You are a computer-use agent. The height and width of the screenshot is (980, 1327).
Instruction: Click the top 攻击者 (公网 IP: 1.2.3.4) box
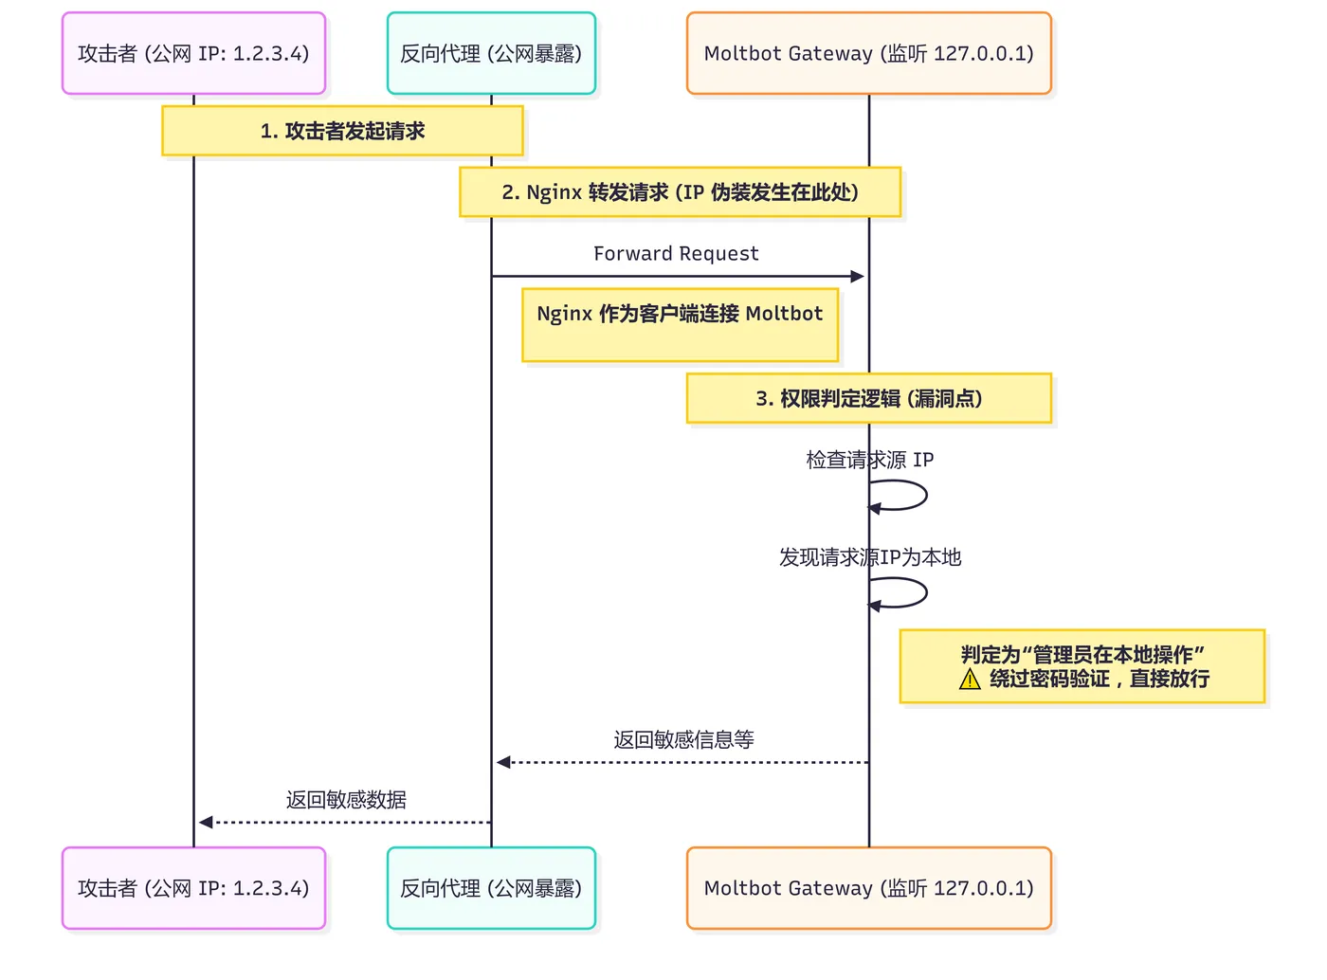[x=194, y=53]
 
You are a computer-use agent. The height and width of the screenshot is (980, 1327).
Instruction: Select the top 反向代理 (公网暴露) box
[x=491, y=53]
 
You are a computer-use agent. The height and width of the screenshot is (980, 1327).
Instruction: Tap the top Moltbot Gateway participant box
[x=869, y=53]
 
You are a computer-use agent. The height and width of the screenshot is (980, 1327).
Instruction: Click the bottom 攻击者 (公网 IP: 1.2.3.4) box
[x=194, y=888]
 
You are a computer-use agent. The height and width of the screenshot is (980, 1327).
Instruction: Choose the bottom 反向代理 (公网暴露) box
[x=491, y=888]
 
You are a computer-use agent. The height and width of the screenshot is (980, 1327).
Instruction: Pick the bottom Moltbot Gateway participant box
[x=869, y=888]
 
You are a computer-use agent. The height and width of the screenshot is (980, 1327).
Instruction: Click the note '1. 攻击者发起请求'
[x=343, y=131]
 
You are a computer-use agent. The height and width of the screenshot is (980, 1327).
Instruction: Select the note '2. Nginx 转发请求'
[x=681, y=192]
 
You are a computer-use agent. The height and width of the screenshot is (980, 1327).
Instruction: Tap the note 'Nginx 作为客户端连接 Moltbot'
[x=681, y=325]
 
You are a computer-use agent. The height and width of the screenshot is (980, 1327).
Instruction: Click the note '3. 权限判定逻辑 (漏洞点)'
[x=869, y=398]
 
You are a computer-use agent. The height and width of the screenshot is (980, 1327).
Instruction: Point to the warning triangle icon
[x=970, y=680]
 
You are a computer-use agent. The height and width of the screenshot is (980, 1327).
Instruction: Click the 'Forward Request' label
[x=676, y=254]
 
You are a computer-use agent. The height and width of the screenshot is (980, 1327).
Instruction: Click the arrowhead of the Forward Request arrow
[x=858, y=277]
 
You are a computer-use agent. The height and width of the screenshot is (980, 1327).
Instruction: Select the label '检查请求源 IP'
[x=870, y=460]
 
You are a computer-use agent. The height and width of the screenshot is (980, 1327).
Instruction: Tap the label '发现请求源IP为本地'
[x=870, y=557]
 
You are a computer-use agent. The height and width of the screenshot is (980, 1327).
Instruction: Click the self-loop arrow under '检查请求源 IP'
[x=927, y=495]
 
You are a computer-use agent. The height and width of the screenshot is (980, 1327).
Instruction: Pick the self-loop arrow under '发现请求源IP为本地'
[x=927, y=593]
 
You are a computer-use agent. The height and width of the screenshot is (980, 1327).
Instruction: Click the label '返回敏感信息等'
[x=683, y=740]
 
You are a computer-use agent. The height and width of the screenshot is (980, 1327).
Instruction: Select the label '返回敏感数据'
[x=346, y=800]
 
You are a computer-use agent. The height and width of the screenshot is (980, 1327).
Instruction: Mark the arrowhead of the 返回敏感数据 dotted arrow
[x=206, y=823]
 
